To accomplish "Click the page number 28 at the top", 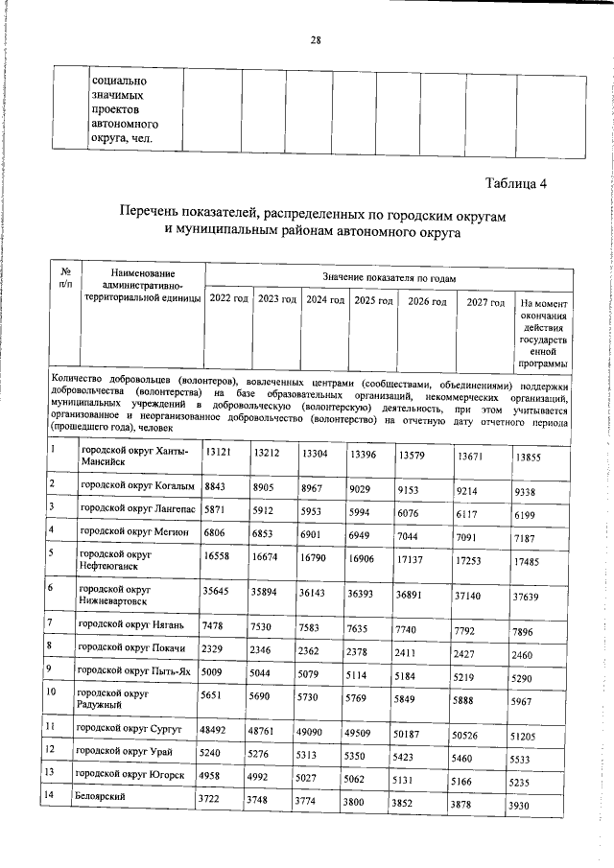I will pyautogui.click(x=315, y=39).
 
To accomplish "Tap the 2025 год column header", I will pyautogui.click(x=373, y=300).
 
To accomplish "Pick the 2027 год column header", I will pyautogui.click(x=484, y=302).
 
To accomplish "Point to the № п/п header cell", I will pyautogui.click(x=64, y=278).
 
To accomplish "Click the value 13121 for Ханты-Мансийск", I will pyautogui.click(x=218, y=454).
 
